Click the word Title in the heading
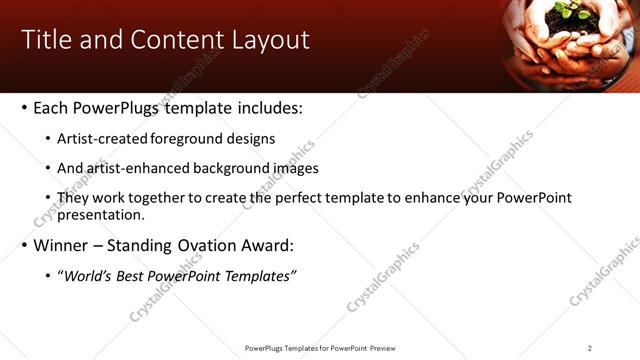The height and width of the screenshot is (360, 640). point(46,40)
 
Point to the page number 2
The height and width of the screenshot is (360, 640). point(590,348)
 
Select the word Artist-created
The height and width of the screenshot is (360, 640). point(100,139)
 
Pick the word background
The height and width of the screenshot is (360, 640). point(235,169)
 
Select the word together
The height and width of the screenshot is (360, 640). point(155,199)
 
